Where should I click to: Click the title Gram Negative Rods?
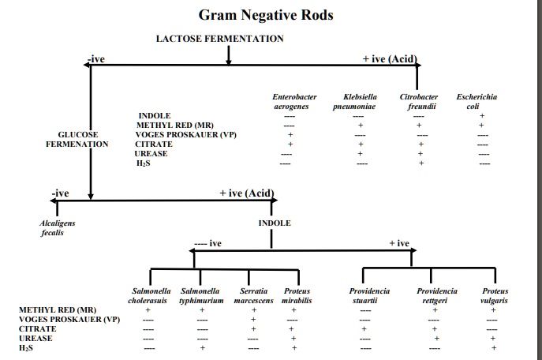pyautogui.click(x=265, y=15)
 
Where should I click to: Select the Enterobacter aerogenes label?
pyautogui.click(x=290, y=100)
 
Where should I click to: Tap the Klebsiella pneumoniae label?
pyautogui.click(x=360, y=100)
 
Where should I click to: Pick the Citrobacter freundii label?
pyautogui.click(x=421, y=100)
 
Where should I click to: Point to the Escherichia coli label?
pyautogui.click(x=481, y=100)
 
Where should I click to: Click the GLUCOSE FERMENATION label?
pyautogui.click(x=77, y=140)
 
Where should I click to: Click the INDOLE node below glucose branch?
pyautogui.click(x=275, y=223)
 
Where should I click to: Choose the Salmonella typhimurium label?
pyautogui.click(x=201, y=296)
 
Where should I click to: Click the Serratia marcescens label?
pyautogui.click(x=254, y=296)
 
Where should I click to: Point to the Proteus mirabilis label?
pyautogui.click(x=297, y=296)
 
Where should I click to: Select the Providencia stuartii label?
pyautogui.click(x=369, y=296)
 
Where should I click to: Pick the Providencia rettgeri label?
pyautogui.click(x=436, y=296)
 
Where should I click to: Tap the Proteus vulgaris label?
pyautogui.click(x=494, y=296)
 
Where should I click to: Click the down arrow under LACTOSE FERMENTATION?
pyautogui.click(x=228, y=54)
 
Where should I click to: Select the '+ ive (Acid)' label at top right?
pyautogui.click(x=389, y=58)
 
